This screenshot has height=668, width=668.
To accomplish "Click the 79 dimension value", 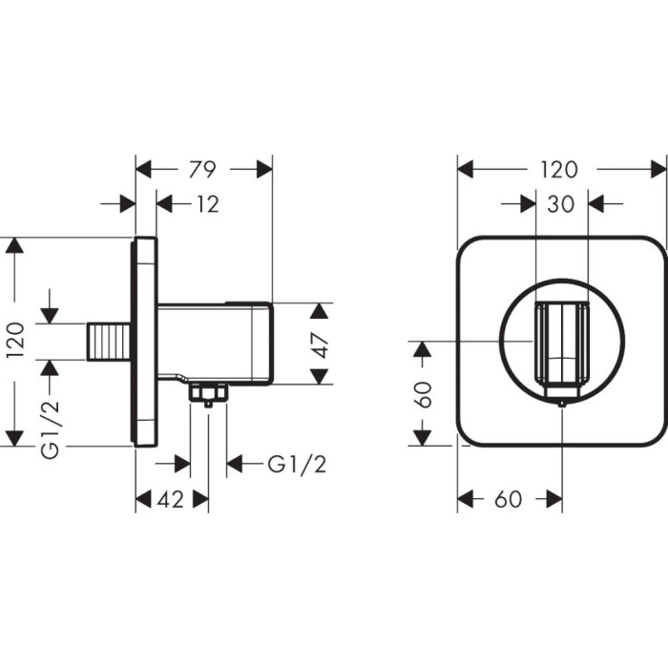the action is click(x=202, y=169).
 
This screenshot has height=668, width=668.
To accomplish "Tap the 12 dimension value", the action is click(x=207, y=204).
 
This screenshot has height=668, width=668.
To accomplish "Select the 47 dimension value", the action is click(x=320, y=344).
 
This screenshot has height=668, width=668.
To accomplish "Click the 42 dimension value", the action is click(x=171, y=499).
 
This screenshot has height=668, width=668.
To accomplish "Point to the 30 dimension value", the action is click(x=561, y=204).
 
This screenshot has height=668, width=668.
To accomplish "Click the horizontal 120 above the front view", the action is click(x=559, y=169).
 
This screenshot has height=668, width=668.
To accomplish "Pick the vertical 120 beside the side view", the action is click(x=16, y=341).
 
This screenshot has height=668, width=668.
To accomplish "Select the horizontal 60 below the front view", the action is click(x=509, y=499).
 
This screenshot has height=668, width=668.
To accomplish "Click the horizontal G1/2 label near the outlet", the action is click(x=297, y=464).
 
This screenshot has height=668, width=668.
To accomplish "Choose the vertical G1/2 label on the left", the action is click(x=52, y=429).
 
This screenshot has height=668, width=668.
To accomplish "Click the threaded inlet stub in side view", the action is click(x=109, y=342).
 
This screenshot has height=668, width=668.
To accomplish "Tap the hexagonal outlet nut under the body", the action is click(x=208, y=393).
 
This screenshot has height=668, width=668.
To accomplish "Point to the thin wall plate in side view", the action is click(x=145, y=342).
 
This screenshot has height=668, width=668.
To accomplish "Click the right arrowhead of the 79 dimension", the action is click(x=264, y=169).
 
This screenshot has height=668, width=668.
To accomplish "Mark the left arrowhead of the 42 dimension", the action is click(x=143, y=499).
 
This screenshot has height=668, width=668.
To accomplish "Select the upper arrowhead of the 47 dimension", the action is click(x=320, y=311).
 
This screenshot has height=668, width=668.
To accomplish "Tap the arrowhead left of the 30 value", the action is click(x=528, y=204).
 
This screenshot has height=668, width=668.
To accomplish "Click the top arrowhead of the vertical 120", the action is click(x=14, y=245).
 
